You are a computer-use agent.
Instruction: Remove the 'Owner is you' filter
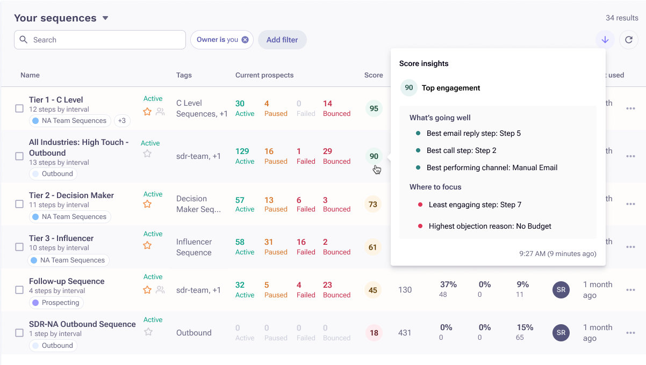(x=245, y=40)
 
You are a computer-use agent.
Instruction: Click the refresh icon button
(x=629, y=40)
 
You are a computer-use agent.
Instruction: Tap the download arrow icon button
(x=605, y=40)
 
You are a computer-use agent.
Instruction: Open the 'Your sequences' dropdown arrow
(x=105, y=18)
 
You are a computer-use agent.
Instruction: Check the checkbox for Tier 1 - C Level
(x=19, y=108)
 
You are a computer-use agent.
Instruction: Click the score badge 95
(x=374, y=108)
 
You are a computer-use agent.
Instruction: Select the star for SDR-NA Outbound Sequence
(x=148, y=332)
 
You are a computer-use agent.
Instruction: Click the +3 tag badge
(x=122, y=121)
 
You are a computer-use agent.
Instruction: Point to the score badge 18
(x=374, y=333)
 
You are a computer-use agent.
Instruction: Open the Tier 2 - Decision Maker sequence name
(x=71, y=195)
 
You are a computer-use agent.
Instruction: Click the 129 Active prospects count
(x=242, y=151)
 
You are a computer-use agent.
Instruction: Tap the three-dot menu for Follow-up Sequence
(x=630, y=290)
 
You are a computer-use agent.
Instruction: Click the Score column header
(x=374, y=75)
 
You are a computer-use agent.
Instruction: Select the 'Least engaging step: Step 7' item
(x=475, y=205)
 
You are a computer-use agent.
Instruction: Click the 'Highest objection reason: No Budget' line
(x=490, y=226)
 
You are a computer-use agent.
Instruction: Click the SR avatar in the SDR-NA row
(x=561, y=333)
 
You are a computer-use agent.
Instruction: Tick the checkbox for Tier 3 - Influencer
(x=19, y=247)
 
